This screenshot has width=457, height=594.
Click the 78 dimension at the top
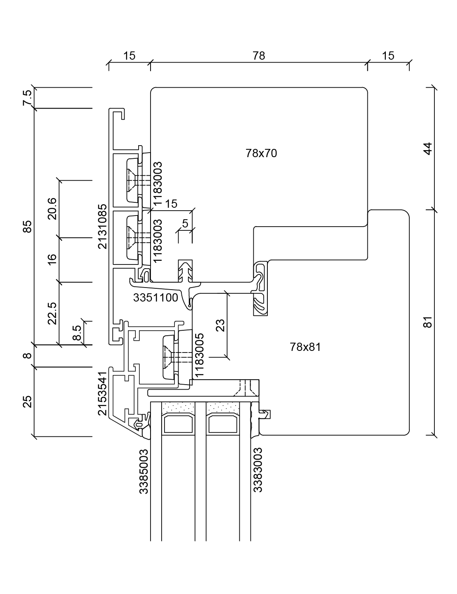click(259, 56)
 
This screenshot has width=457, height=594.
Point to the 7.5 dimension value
click(27, 98)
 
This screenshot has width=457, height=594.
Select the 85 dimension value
click(27, 226)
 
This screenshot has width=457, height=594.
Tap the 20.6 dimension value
click(52, 209)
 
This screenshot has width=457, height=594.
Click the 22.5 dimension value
click(52, 313)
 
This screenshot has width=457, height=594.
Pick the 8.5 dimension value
click(77, 332)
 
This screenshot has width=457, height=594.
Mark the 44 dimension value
click(428, 148)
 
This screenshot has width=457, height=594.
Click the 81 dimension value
click(428, 322)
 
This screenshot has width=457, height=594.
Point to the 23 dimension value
click(220, 325)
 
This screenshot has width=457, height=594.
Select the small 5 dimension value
click(185, 224)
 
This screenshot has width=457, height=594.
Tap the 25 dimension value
click(27, 401)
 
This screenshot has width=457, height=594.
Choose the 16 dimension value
click(52, 260)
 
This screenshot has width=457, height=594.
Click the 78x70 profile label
click(261, 153)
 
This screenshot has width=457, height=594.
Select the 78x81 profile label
click(305, 347)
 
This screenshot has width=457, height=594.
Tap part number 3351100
click(155, 297)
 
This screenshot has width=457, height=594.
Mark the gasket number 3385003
click(144, 471)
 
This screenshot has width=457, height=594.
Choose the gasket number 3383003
click(258, 470)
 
